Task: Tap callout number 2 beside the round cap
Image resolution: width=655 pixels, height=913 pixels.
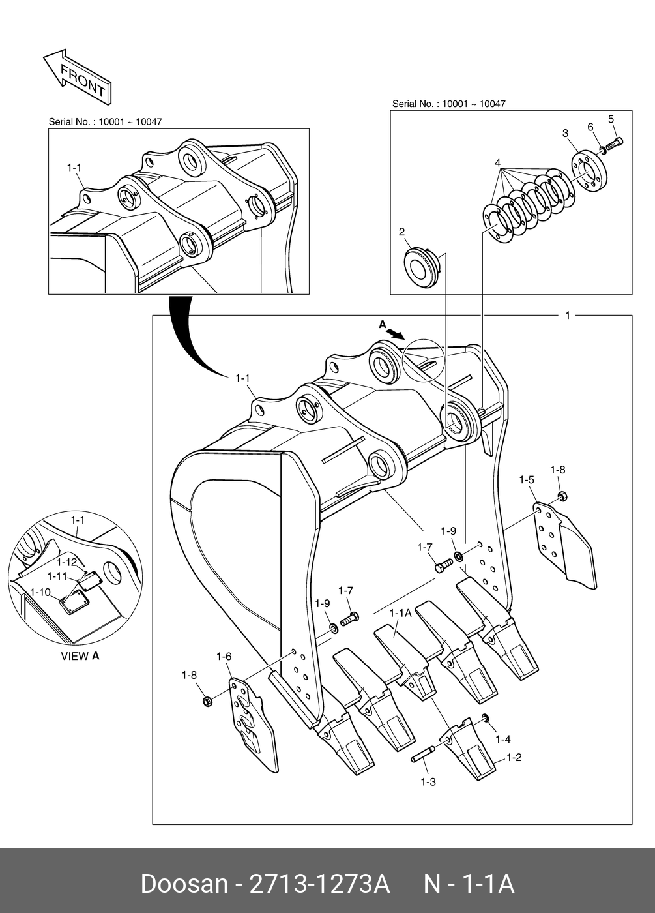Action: point(401,232)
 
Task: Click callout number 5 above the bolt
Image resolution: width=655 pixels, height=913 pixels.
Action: point(611,119)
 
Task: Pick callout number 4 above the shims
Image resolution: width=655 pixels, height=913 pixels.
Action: point(497,162)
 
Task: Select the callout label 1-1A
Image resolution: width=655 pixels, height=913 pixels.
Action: point(400,613)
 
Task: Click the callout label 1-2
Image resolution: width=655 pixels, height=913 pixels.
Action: point(514,758)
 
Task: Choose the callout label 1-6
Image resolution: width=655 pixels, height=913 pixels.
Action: point(224,656)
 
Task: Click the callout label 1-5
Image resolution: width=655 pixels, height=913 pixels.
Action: point(527,480)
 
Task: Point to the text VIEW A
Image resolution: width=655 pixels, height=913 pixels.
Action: point(80,656)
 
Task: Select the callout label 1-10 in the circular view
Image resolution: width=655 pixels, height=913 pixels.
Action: point(40,591)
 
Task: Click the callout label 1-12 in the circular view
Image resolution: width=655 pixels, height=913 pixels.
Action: point(66,561)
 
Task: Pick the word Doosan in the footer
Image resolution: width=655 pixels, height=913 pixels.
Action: point(184,884)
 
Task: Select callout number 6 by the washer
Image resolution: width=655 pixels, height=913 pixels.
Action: point(590,127)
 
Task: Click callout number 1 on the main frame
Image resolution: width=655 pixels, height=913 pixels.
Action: point(567,316)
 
